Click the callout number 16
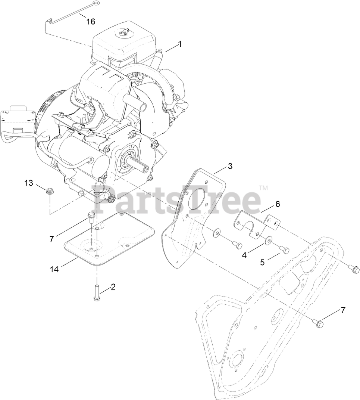point(91,22)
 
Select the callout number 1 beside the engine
point(180,44)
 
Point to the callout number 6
point(277,204)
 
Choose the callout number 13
point(29,183)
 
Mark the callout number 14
point(55,269)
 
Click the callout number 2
point(113,287)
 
